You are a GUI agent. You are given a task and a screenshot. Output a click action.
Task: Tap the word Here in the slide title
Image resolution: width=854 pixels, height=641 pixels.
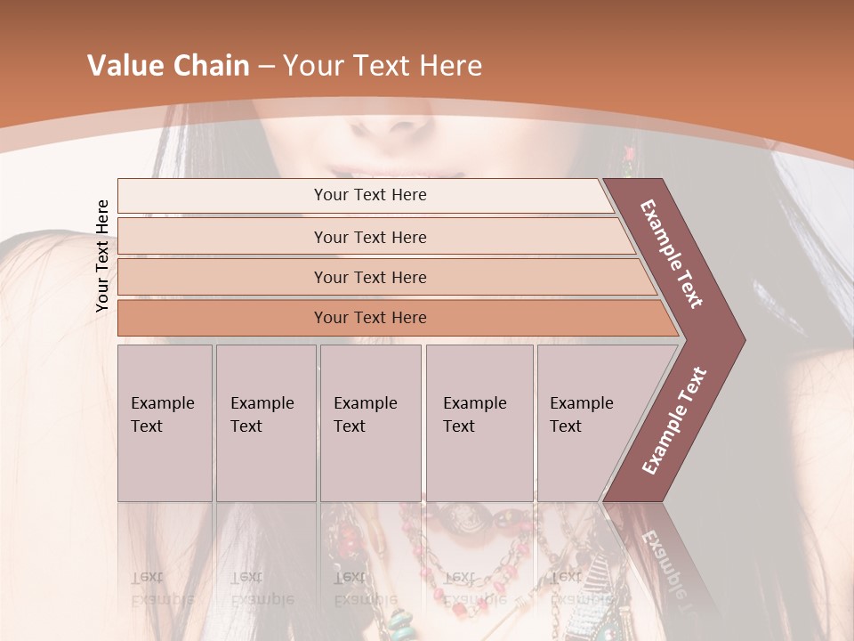(450, 66)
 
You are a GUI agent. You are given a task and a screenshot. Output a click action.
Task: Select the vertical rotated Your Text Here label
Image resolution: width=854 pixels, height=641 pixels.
(102, 256)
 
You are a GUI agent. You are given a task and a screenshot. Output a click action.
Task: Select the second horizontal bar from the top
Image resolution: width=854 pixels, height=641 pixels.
(369, 237)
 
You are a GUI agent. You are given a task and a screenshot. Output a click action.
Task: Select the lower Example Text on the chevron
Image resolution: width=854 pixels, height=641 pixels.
(674, 420)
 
